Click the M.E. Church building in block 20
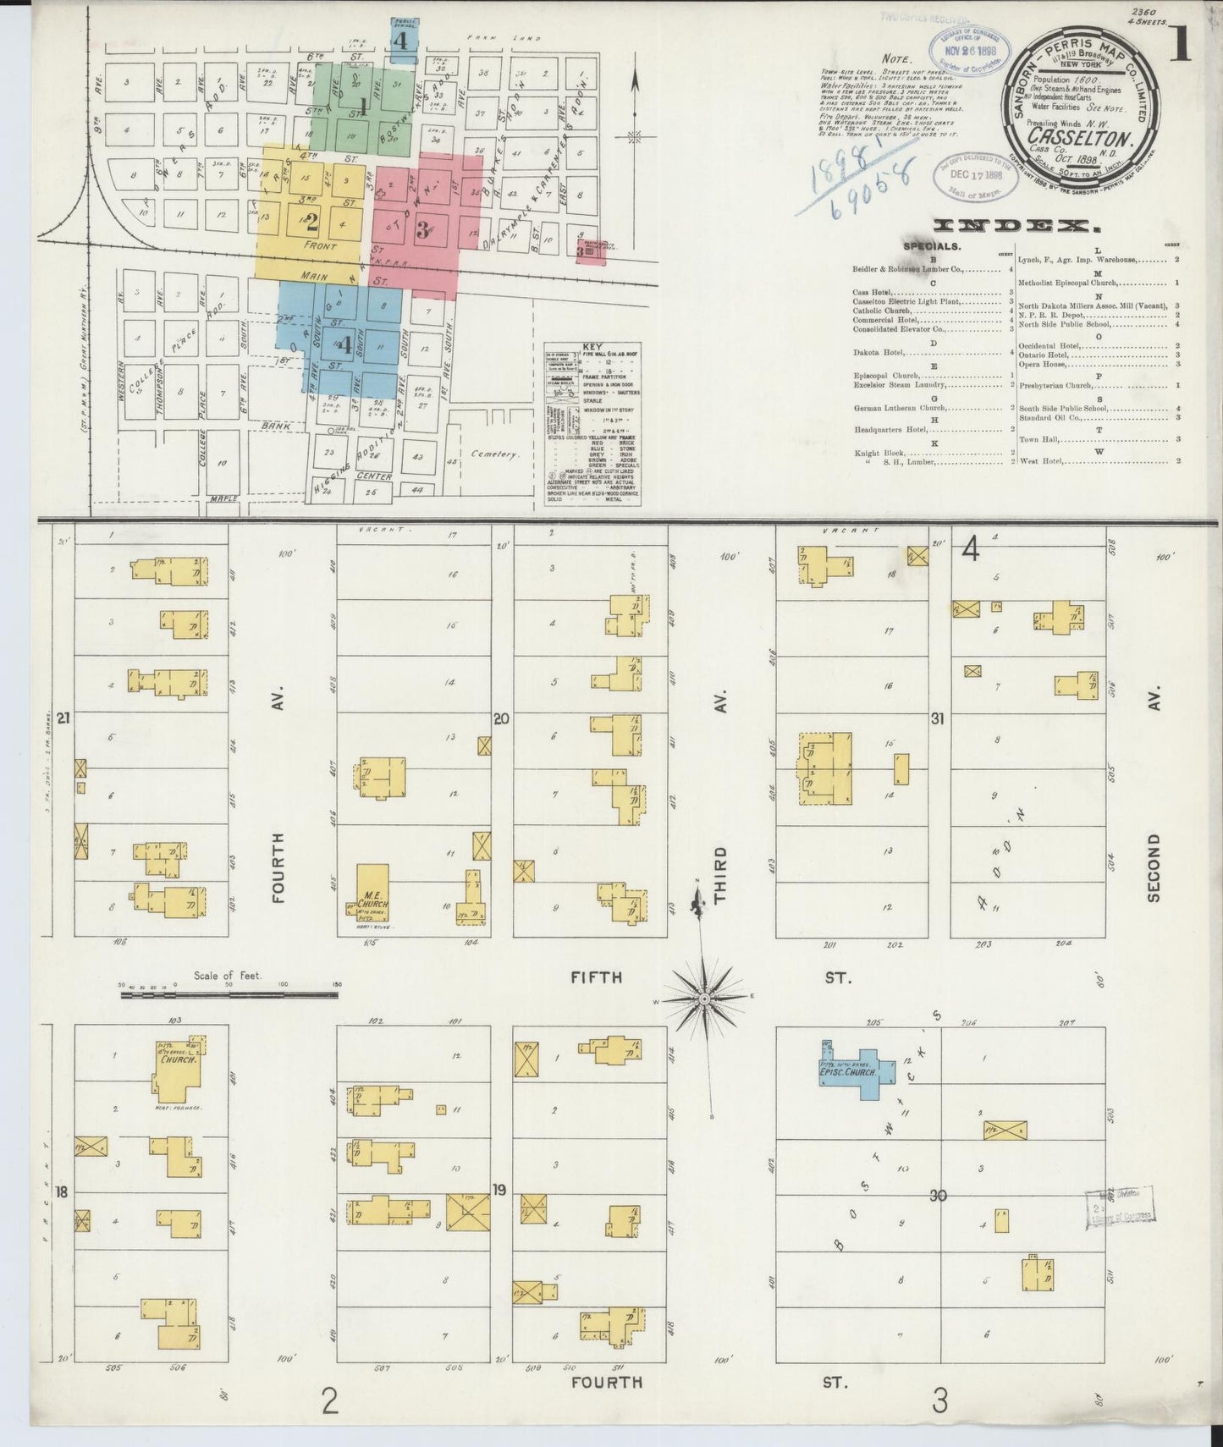point(372,892)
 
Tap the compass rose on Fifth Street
point(703,999)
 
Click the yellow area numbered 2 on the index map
point(311,222)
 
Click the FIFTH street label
point(596,977)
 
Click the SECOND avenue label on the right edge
point(1154,868)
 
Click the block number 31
point(936,719)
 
